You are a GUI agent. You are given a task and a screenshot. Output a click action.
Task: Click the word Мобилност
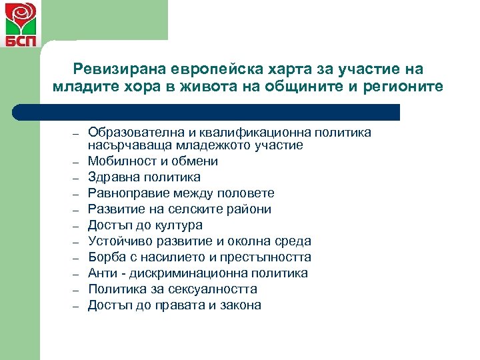click(117, 161)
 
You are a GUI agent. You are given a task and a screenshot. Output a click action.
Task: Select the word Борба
click(105, 257)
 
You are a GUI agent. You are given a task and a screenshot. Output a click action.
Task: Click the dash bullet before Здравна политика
click(77, 178)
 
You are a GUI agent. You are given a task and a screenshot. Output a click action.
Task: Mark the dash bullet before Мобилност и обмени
click(77, 162)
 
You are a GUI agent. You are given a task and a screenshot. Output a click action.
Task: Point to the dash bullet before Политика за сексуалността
click(77, 290)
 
